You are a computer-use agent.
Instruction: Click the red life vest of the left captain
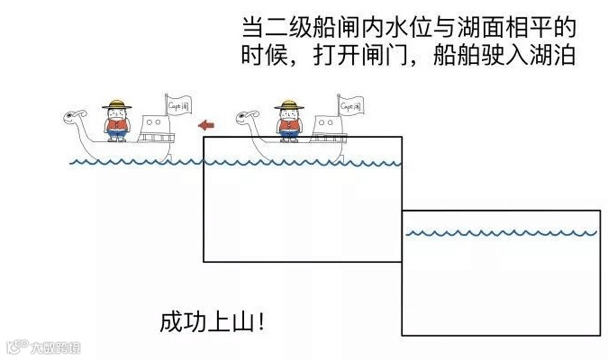(115, 125)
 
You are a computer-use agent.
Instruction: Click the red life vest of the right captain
(289, 125)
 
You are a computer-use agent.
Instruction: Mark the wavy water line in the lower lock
(501, 233)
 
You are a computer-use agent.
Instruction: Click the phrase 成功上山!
(213, 321)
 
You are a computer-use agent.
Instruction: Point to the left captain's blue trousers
(115, 137)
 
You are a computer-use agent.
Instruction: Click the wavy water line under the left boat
(135, 163)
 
